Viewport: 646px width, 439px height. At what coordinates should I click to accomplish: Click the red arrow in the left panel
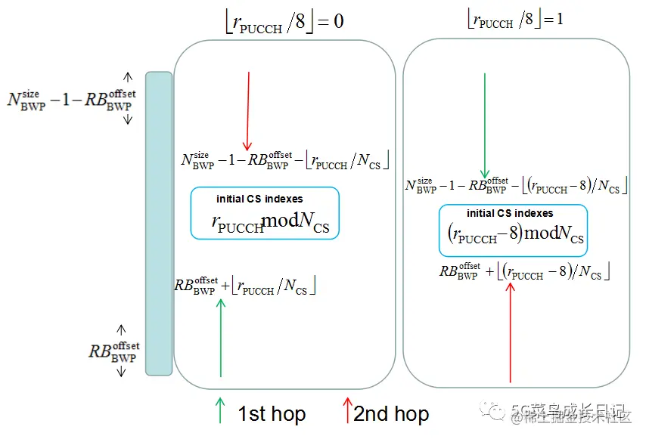click(247, 110)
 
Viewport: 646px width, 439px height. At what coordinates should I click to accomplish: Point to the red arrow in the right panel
click(511, 332)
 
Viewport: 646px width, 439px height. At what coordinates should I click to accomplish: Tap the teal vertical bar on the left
click(159, 223)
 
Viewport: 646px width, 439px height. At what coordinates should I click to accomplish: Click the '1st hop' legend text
click(272, 414)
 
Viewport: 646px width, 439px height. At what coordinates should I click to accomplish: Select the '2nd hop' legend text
click(391, 414)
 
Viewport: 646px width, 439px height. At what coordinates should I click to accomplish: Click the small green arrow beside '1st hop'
click(220, 410)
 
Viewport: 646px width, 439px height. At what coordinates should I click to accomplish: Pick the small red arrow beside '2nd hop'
click(347, 410)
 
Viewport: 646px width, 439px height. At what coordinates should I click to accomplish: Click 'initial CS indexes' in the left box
click(259, 199)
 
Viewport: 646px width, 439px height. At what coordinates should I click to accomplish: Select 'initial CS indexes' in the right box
click(510, 213)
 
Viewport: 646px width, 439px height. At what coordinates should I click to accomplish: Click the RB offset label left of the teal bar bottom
click(113, 351)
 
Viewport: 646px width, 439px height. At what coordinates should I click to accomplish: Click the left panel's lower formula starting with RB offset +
click(245, 286)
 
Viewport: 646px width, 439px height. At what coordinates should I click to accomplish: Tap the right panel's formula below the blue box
click(524, 271)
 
